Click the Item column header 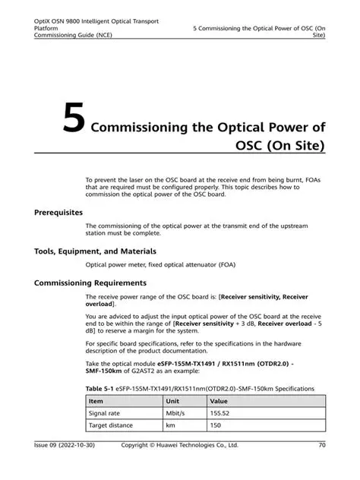point(96,400)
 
